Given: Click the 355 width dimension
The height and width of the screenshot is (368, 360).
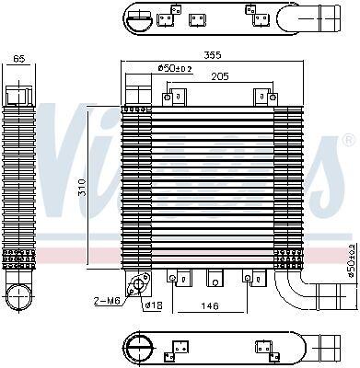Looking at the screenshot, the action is point(213,55).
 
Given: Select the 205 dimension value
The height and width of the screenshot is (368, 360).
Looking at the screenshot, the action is point(220,76).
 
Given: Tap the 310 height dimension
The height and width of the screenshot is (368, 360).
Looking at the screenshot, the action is point(82,187).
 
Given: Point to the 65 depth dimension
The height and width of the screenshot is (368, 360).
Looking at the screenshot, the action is point(19,58).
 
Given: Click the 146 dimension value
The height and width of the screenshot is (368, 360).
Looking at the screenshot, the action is point(210,305).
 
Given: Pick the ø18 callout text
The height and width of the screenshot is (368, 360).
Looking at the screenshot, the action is point(154,305).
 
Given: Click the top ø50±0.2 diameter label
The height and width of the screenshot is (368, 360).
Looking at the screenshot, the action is point(175,68).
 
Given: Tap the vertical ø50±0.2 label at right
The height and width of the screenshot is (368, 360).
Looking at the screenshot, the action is point(352,260).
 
